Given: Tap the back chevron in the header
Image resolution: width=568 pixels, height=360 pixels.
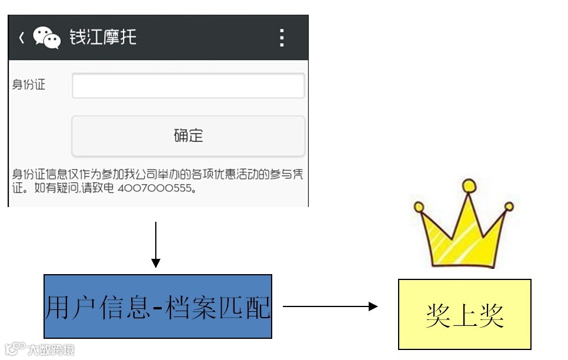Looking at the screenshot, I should [x=21, y=38].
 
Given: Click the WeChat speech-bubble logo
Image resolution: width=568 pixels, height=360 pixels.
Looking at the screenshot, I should [x=46, y=38].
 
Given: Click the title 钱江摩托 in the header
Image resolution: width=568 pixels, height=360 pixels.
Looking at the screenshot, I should [x=103, y=37].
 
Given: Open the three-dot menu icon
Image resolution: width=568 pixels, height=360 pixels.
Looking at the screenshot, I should [x=282, y=38].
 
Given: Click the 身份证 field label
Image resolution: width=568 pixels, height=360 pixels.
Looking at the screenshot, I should [x=29, y=85].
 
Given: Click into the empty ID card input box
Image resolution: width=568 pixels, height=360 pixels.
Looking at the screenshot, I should [x=188, y=86].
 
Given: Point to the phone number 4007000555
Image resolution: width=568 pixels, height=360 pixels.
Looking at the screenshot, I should [x=155, y=189].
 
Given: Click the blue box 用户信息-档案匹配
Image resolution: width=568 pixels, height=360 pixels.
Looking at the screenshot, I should [x=158, y=306].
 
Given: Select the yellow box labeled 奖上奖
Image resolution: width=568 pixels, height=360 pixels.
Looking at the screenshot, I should [x=465, y=315].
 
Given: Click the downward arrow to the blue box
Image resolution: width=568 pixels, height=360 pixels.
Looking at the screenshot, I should [x=155, y=244].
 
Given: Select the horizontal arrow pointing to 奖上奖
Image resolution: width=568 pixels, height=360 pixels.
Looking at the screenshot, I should [x=329, y=306].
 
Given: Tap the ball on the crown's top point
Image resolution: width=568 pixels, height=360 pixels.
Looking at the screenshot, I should [x=469, y=186].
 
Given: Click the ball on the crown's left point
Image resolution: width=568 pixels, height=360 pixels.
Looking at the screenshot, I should [x=419, y=207].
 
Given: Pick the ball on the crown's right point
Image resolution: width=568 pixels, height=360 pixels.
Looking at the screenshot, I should [x=509, y=206].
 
